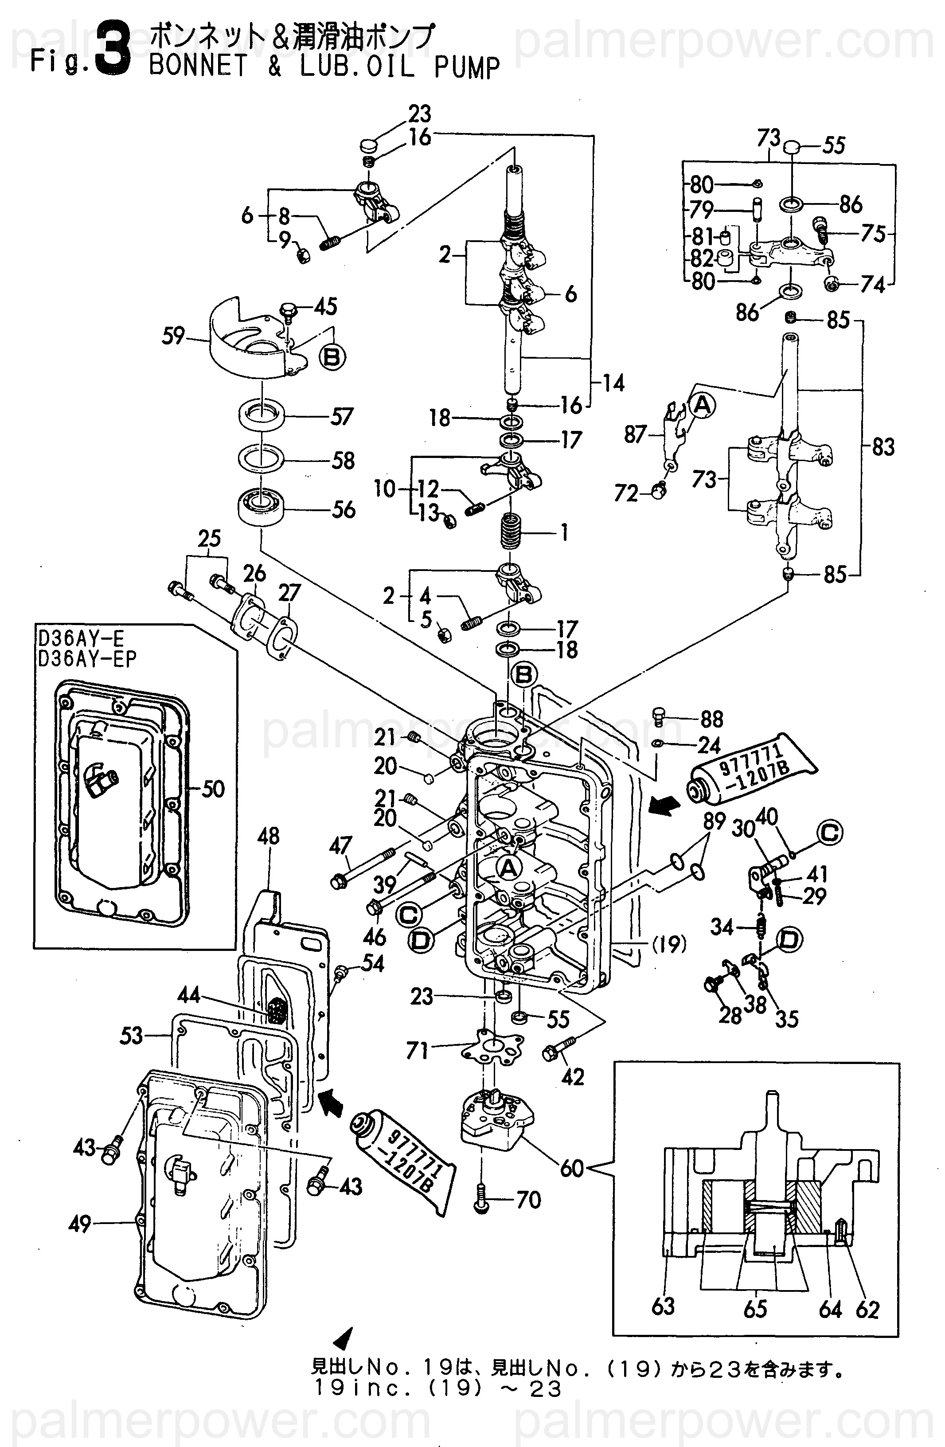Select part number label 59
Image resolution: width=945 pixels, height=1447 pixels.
coord(173,336)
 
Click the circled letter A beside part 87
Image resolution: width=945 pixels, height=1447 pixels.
coord(702,406)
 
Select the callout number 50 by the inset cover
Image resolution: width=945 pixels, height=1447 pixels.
coord(213,789)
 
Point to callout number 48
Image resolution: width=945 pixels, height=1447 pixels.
coord(268,836)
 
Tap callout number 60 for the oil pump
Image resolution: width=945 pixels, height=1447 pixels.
coord(571,1167)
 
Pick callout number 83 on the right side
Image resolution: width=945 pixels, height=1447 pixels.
coord(883,447)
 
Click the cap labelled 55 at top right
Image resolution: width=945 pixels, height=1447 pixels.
coord(791,147)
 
